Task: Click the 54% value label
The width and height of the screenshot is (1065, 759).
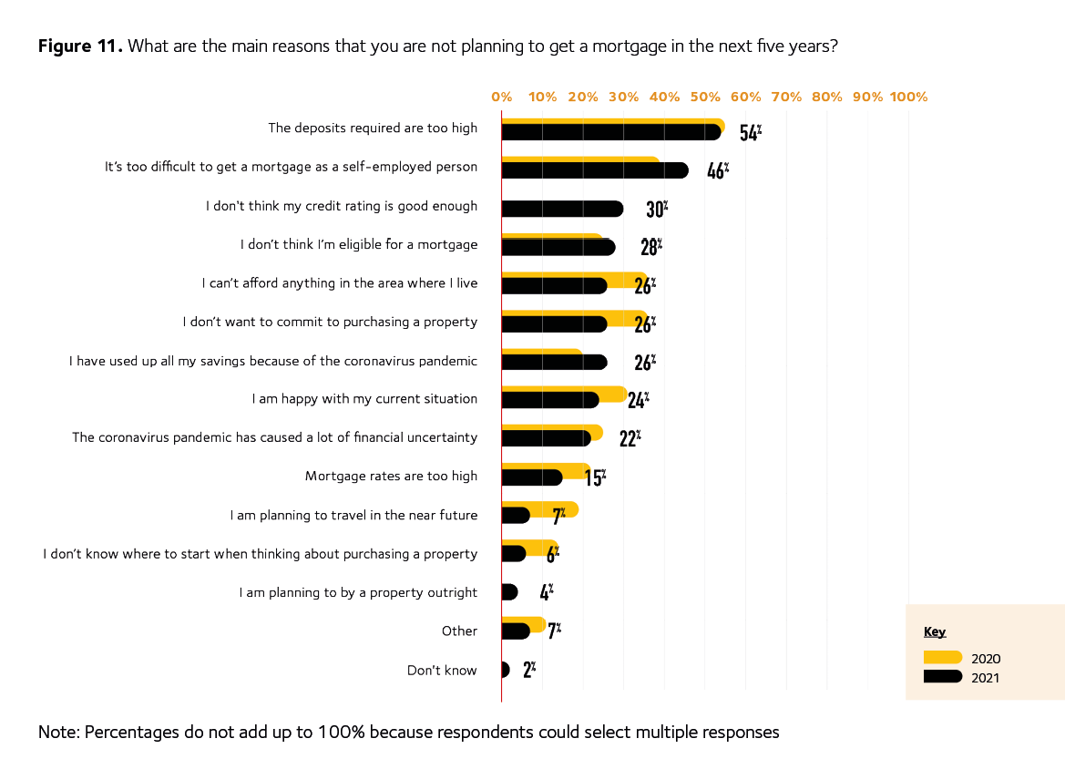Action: pos(750,132)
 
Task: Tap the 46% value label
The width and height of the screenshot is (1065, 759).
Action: pos(718,170)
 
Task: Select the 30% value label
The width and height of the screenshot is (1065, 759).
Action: pos(657,209)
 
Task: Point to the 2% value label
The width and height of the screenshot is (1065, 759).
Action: pos(528,671)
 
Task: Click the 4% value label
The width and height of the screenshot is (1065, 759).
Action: pos(546,592)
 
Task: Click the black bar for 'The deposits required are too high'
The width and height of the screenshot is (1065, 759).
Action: pos(610,132)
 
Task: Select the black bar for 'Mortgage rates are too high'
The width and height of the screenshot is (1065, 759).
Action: pos(532,477)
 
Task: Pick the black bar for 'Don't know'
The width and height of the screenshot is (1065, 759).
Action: pos(505,671)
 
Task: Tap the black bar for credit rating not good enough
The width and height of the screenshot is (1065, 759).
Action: pos(562,209)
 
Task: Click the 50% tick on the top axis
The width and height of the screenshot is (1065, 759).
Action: pos(705,97)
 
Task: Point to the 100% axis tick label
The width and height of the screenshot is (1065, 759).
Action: pos(908,97)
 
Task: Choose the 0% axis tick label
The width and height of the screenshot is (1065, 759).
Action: pos(501,97)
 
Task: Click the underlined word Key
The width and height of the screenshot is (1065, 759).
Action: pos(935,631)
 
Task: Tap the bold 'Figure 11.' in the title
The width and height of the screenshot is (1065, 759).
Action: pos(79,46)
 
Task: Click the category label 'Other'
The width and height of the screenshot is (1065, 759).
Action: pos(459,631)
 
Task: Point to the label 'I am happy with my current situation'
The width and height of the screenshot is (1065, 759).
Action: pos(364,399)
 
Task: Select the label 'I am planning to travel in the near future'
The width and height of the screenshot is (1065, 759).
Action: pos(353,515)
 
